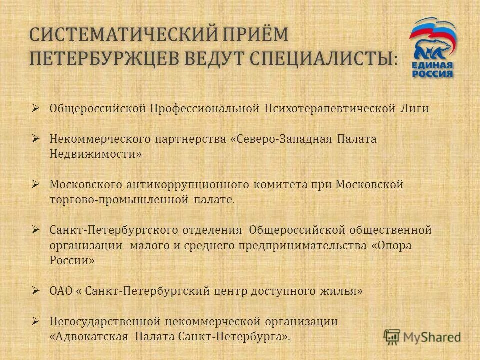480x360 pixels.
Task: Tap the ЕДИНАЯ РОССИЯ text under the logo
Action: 433,69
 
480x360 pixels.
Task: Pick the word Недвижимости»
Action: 95,154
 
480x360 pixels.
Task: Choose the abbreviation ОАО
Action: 61,291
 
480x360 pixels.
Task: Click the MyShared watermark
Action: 423,337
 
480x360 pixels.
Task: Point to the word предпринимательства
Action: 302,246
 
